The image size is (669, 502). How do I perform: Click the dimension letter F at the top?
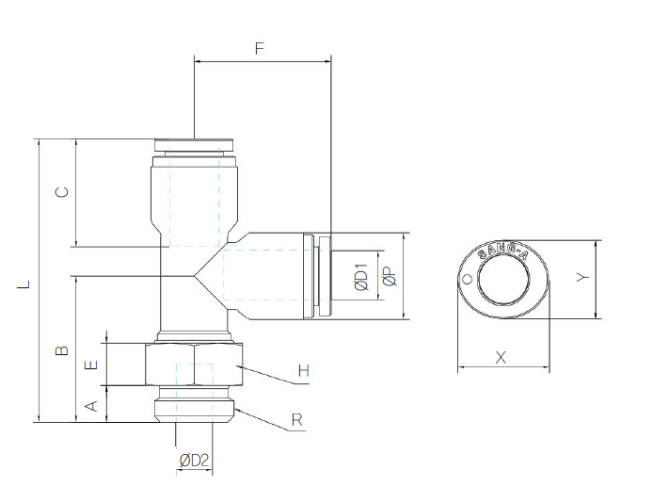click(260, 47)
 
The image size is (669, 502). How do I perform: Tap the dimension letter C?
click(62, 192)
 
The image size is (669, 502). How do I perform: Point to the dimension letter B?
click(62, 350)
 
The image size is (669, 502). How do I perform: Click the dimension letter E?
click(91, 365)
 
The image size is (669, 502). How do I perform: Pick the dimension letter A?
click(91, 406)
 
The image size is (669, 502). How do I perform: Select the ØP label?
click(389, 277)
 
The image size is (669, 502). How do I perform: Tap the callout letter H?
click(303, 370)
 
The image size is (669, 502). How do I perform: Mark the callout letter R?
click(296, 420)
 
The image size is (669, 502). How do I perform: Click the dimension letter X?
click(501, 357)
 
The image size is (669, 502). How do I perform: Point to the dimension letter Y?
click(583, 279)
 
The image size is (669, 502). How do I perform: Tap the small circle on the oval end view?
click(467, 279)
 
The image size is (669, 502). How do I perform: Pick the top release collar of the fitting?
click(193, 145)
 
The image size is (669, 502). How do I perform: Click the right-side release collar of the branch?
click(324, 275)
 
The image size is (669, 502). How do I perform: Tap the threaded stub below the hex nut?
click(194, 405)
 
